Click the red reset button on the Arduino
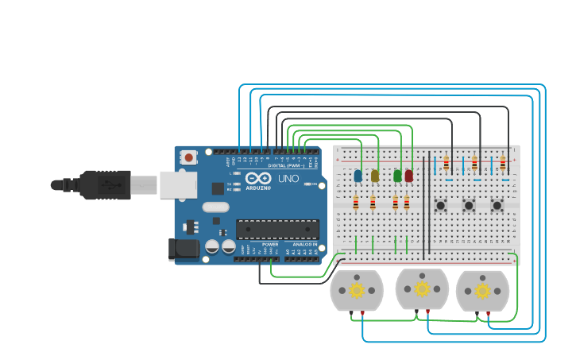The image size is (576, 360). (188, 157)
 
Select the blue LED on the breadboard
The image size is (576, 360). (358, 176)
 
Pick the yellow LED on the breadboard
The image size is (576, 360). (375, 176)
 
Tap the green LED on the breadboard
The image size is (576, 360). (397, 176)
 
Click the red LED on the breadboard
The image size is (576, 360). (409, 176)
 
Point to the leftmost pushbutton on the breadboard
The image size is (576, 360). (440, 206)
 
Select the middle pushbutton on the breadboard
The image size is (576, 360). (469, 206)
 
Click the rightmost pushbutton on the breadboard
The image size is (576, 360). (497, 206)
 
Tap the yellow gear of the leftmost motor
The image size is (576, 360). (357, 290)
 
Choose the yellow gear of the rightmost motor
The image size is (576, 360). (482, 291)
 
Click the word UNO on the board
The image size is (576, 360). (288, 179)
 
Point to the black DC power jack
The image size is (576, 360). (184, 250)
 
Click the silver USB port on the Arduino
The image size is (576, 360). (177, 185)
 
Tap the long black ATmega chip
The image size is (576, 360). (277, 229)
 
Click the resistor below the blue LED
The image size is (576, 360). (356, 204)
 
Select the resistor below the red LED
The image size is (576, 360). (407, 204)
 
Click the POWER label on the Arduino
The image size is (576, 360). (270, 244)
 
